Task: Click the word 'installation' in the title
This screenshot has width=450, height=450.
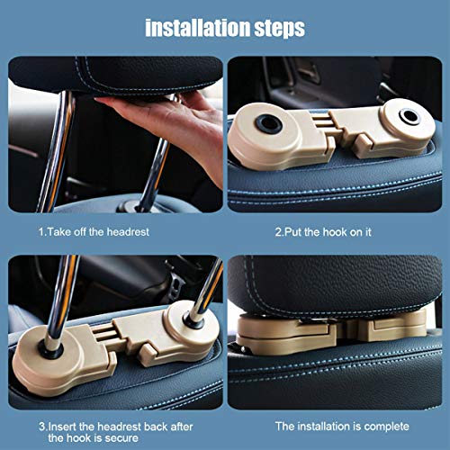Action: pos(198,28)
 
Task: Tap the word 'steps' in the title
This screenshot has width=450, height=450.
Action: pos(280,29)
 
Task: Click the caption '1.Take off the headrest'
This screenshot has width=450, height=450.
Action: pos(94,232)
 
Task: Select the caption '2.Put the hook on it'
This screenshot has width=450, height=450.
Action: pos(323,232)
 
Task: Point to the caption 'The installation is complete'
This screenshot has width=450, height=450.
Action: pos(342,427)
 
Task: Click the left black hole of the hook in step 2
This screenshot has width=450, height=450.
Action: pos(269,123)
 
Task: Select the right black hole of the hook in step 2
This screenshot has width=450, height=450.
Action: pos(409,116)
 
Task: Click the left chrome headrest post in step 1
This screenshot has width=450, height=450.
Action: pos(56,151)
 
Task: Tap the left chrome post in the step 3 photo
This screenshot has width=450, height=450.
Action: pos(60,303)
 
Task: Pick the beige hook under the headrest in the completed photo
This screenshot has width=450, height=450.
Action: pos(331,330)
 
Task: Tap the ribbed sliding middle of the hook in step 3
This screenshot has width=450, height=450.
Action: pos(103,333)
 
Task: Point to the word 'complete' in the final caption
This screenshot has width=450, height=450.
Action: pos(386,427)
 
